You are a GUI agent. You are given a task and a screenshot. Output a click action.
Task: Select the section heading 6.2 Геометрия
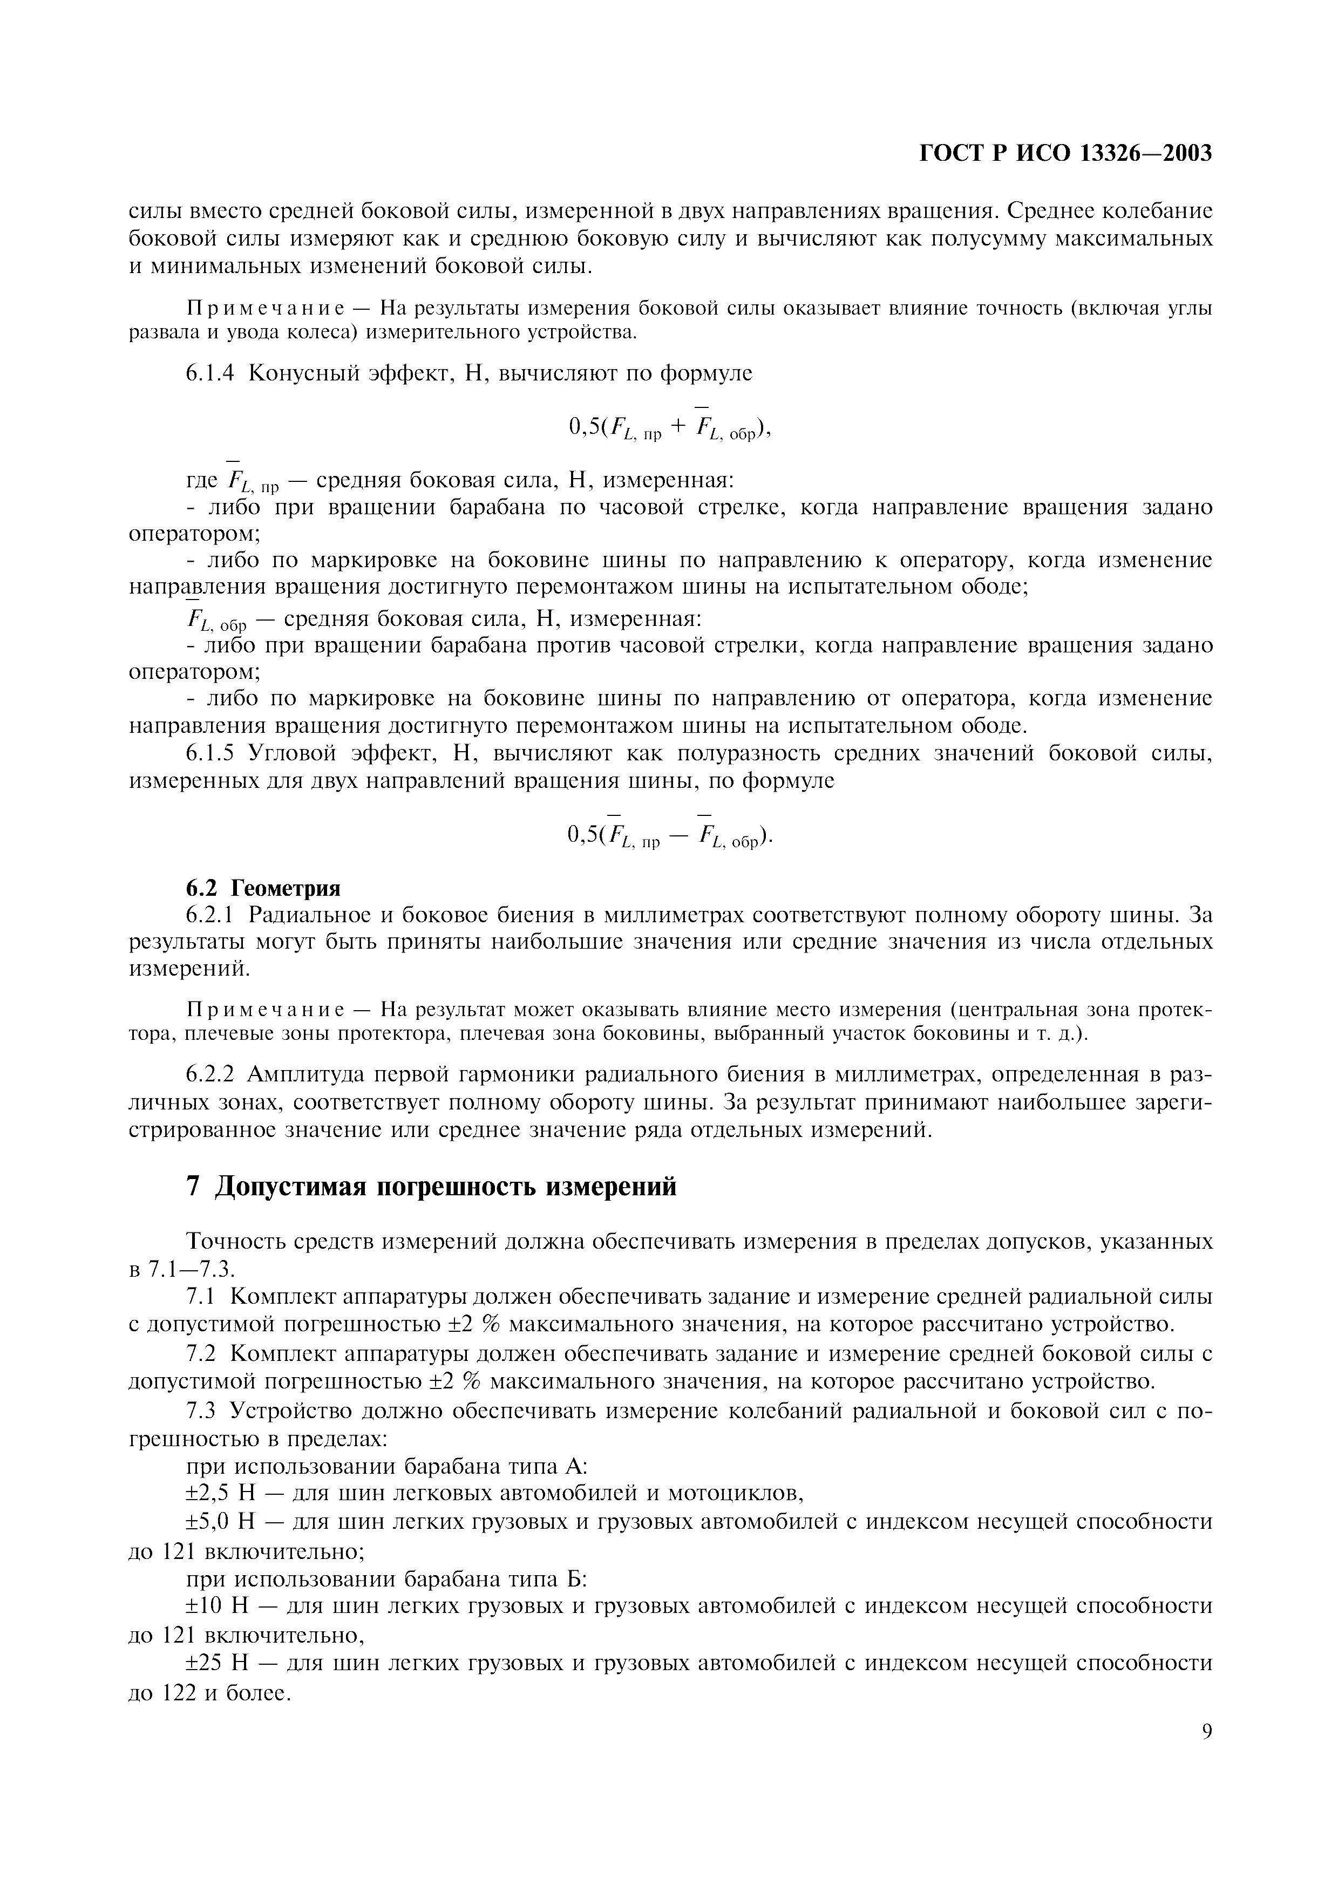(262, 888)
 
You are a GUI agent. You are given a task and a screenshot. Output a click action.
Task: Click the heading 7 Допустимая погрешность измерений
(431, 1187)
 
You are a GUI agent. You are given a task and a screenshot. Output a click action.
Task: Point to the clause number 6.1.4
(211, 373)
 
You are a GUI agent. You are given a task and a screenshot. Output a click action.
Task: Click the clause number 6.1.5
(211, 753)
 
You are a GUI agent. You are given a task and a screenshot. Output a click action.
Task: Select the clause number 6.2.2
(211, 1075)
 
